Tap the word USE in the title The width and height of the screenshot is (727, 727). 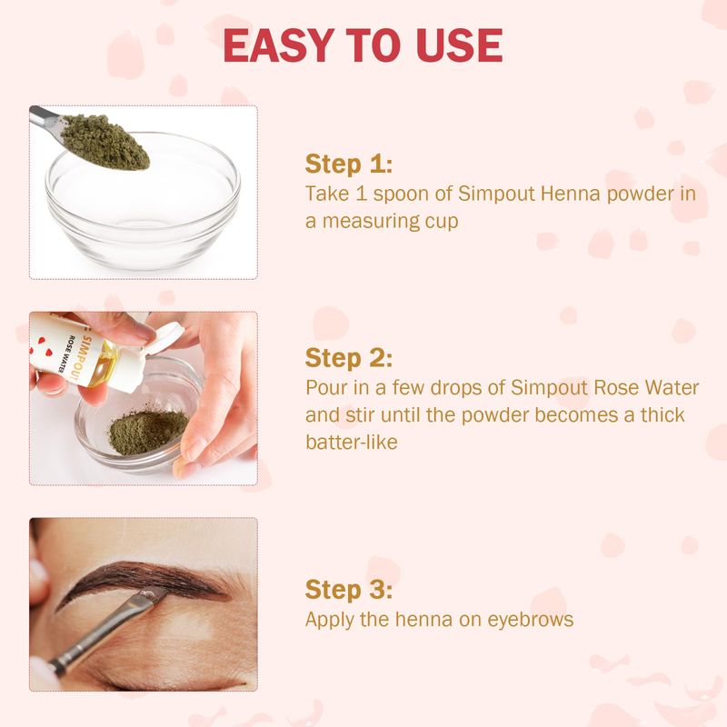click(459, 45)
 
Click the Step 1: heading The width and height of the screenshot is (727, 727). click(349, 164)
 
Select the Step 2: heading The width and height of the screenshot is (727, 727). click(349, 358)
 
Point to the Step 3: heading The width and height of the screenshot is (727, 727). click(349, 590)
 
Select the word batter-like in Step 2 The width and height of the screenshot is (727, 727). click(352, 443)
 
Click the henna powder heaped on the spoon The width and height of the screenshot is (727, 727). click(105, 141)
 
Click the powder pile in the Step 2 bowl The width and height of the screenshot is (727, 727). click(147, 430)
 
